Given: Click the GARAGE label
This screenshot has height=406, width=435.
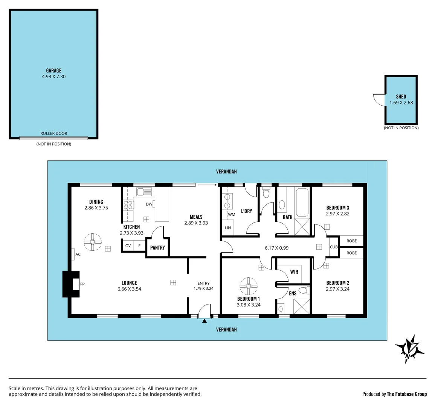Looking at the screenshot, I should [x=53, y=70].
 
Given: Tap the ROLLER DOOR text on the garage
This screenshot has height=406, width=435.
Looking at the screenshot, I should [x=53, y=133].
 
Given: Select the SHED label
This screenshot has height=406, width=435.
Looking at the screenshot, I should [x=401, y=97].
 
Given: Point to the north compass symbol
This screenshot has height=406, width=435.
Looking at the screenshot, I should [x=410, y=348].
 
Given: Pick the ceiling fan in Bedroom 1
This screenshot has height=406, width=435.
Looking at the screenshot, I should [x=249, y=286].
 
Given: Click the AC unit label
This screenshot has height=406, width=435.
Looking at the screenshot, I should [x=78, y=255].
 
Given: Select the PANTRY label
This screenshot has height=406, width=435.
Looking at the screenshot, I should [x=157, y=248].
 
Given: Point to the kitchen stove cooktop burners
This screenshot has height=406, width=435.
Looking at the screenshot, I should [x=128, y=205].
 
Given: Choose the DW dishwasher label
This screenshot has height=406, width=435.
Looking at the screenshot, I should [x=149, y=204].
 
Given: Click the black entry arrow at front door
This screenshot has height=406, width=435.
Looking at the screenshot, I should [x=205, y=321].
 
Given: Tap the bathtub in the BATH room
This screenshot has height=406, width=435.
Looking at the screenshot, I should [x=302, y=203].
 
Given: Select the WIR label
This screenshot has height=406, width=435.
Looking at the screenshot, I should [x=294, y=271].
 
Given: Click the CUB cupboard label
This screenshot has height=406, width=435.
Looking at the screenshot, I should [x=334, y=247].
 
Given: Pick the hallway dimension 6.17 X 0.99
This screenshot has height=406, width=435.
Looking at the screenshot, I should [x=276, y=248].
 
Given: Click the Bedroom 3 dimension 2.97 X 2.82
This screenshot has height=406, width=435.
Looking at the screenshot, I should [x=337, y=214].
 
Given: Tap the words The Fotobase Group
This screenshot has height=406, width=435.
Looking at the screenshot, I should [x=407, y=394].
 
